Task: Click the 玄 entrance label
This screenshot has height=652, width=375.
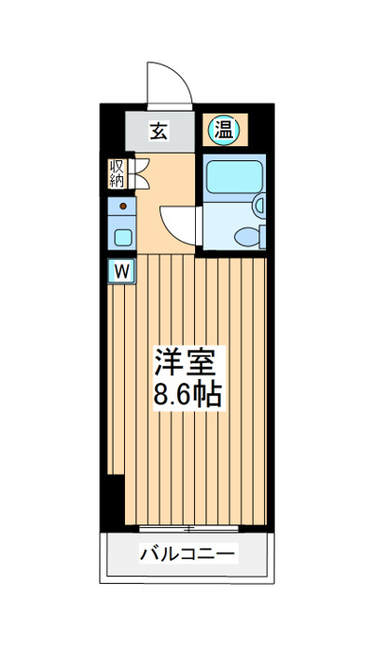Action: point(159,131)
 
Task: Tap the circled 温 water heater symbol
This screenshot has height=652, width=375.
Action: point(223,129)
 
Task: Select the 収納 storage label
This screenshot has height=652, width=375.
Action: point(118,174)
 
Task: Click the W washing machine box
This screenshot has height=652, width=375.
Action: point(122,271)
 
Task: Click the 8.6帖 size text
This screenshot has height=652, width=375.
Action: point(187,396)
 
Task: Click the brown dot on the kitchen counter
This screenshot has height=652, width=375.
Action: point(122,204)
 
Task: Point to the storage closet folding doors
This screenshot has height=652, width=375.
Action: point(137,173)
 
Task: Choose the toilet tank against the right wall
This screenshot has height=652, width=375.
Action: point(262,237)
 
